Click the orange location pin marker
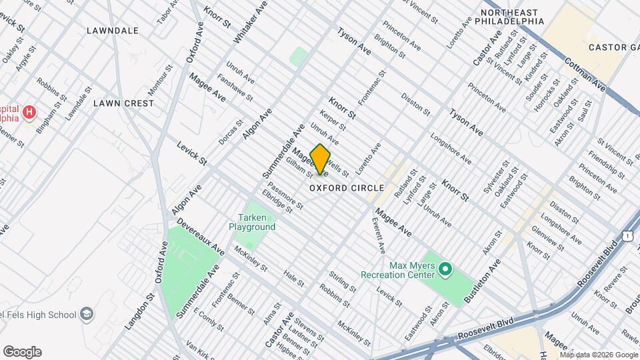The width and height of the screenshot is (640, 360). tap(320, 159)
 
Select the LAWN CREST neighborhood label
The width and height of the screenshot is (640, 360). tap(123, 103)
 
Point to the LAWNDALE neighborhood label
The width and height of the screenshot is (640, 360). tap(112, 31)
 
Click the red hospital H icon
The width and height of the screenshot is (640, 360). tap(29, 112)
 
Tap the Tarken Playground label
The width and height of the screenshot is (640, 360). tap(252, 223)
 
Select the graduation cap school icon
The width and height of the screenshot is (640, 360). tap(86, 313)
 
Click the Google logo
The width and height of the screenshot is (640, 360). tap(22, 352)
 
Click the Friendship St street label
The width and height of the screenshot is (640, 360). tap(605, 169)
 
